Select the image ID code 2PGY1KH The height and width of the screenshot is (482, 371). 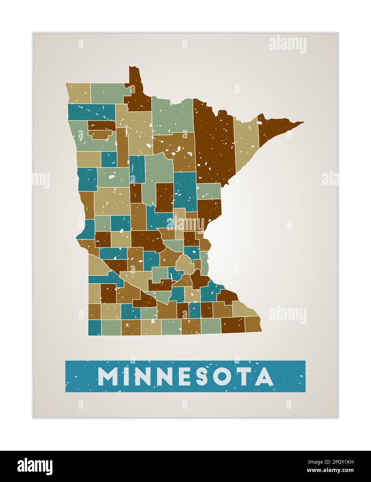(335, 462)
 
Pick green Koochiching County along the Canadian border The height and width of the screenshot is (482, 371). (172, 116)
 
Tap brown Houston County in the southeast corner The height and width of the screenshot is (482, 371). (253, 324)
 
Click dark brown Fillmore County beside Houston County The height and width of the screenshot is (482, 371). (233, 325)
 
